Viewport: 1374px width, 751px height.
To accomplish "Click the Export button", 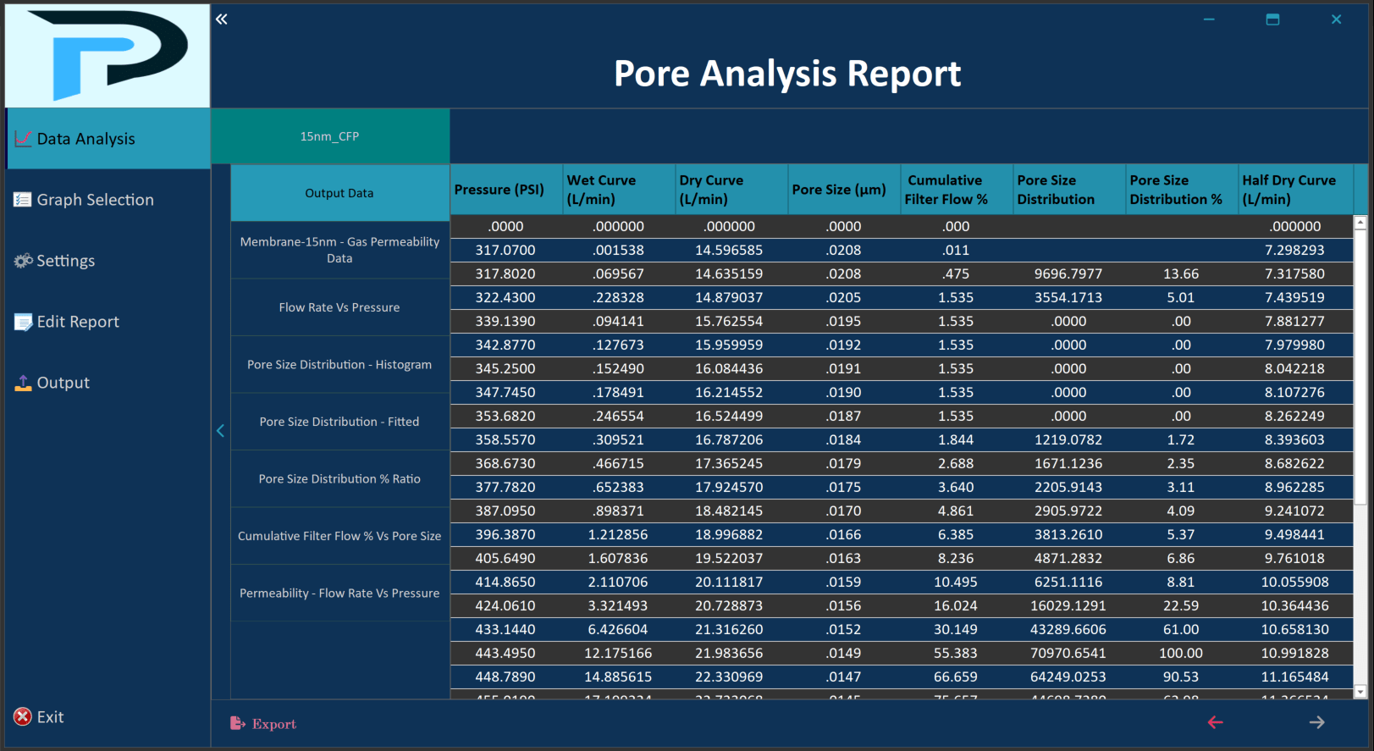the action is point(263,724).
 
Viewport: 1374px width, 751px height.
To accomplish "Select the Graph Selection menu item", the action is point(95,200).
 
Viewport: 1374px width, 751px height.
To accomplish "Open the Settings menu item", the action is point(65,261).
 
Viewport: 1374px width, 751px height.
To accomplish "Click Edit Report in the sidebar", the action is point(77,322).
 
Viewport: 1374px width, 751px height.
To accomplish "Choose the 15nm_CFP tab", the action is point(329,136).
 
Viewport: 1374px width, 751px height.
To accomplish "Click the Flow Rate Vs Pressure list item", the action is point(339,307).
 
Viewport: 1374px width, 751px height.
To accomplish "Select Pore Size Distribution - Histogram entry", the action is point(339,365).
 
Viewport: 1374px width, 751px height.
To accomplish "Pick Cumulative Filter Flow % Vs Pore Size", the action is point(339,536).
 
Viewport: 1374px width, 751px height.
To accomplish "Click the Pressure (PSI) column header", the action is point(499,190).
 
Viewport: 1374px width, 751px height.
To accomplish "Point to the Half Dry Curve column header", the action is point(1288,190).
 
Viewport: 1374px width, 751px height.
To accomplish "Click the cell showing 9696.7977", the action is point(1068,273).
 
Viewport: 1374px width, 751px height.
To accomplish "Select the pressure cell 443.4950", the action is point(505,653).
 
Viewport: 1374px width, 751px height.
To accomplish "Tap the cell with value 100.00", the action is point(1180,653).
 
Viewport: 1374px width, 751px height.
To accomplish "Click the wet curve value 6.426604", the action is point(618,629).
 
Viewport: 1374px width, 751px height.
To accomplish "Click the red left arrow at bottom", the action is point(1215,722).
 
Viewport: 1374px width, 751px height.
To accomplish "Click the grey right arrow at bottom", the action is point(1316,722).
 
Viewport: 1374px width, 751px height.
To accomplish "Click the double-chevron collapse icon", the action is point(221,19).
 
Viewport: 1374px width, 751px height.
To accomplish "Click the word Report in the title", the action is point(903,74).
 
